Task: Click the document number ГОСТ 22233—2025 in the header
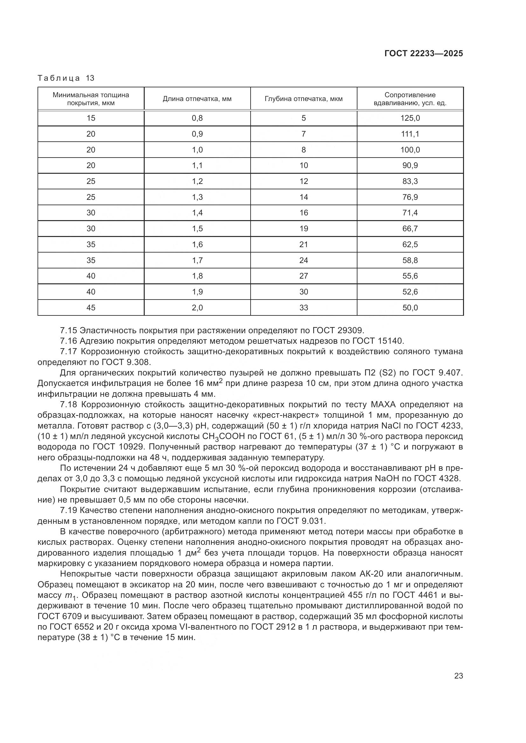[423, 53]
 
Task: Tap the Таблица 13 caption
[66, 78]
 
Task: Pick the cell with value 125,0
[410, 118]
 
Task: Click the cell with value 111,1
[410, 134]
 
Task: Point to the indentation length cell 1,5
[197, 229]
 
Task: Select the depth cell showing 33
[303, 308]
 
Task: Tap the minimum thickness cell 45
[91, 308]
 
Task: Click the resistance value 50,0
[410, 308]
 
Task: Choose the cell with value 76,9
[410, 197]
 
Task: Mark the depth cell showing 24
[303, 260]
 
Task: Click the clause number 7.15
[68, 330]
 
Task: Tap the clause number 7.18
[68, 404]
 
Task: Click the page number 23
[458, 676]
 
